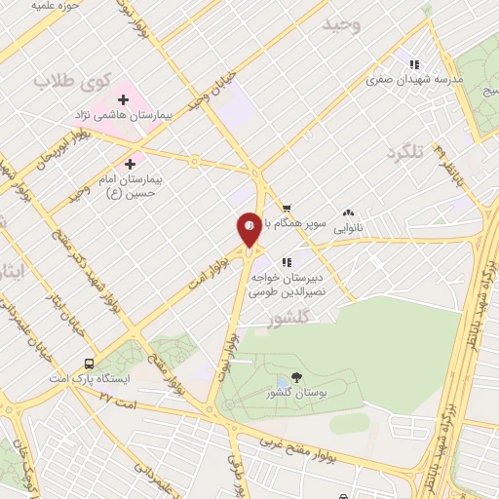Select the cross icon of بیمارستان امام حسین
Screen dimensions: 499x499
(130, 164)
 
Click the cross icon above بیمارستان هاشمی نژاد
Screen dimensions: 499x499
(124, 98)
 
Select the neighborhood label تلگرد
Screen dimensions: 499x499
(406, 153)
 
